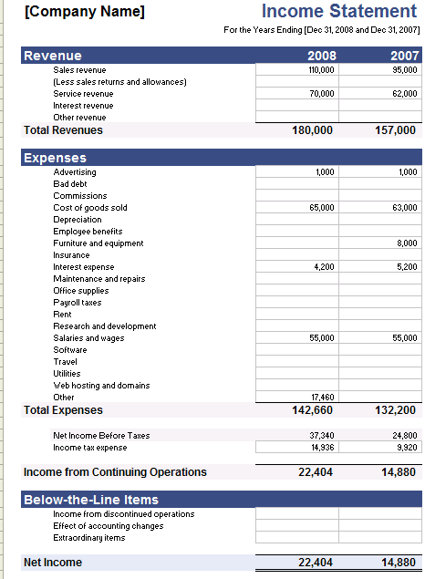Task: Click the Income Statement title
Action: click(x=339, y=12)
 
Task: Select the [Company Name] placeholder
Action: click(x=84, y=12)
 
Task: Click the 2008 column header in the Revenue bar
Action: click(x=322, y=56)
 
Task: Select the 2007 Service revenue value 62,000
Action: click(x=404, y=93)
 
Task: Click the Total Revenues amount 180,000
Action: click(x=312, y=130)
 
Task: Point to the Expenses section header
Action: click(x=56, y=158)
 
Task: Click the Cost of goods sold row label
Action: click(x=90, y=208)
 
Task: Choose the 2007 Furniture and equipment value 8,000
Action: click(x=407, y=243)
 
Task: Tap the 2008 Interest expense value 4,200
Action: click(x=324, y=267)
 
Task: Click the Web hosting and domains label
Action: click(x=101, y=386)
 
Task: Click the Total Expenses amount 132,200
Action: click(x=395, y=410)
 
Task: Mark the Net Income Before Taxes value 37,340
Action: click(x=322, y=436)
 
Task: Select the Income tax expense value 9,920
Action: click(x=406, y=448)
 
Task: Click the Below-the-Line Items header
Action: click(x=91, y=500)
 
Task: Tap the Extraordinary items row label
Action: click(x=89, y=538)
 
